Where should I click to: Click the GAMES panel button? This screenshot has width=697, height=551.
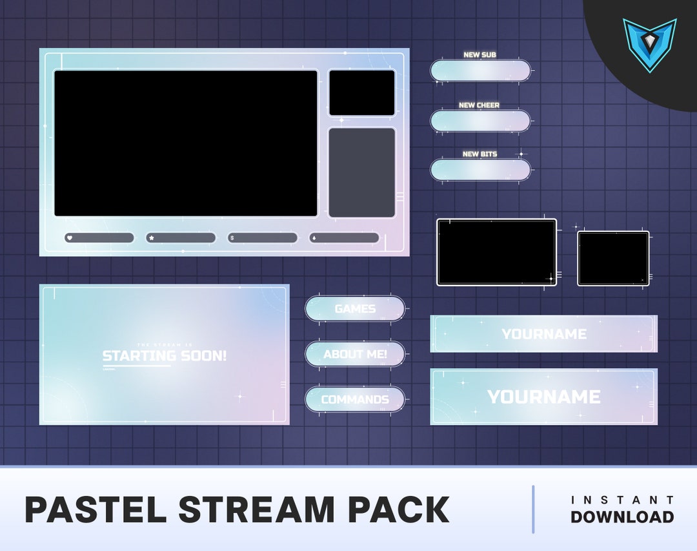(355, 309)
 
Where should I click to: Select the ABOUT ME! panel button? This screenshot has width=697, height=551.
(355, 354)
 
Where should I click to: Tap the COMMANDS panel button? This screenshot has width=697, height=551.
(355, 399)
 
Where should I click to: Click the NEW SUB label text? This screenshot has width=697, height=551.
(480, 55)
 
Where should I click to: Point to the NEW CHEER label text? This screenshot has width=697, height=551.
(479, 105)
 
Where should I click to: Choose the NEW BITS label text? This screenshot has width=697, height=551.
(480, 154)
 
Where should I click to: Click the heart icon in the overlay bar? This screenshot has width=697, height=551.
(69, 238)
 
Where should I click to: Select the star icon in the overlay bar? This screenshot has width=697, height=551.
(151, 238)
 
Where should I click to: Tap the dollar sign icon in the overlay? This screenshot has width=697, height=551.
(232, 238)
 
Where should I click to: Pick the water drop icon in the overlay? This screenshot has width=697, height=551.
(314, 238)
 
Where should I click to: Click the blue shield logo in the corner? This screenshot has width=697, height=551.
(649, 43)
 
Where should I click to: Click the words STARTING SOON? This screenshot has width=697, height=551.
(165, 356)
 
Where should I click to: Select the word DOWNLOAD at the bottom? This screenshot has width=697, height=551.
(622, 517)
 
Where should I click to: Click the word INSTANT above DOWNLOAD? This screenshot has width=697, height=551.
(622, 500)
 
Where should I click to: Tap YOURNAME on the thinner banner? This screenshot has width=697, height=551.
(544, 334)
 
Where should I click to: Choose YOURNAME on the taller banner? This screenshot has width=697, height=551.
(544, 397)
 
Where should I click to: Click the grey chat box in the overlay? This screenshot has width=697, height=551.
(361, 172)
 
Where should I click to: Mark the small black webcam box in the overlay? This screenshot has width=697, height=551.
(361, 93)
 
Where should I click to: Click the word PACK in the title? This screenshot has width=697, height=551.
(399, 510)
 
